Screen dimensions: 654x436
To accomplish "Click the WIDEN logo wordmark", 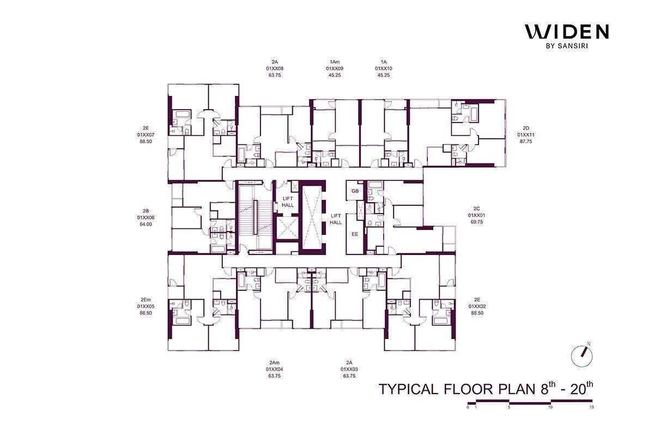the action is click(567, 32).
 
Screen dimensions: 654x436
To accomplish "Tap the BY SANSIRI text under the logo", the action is click(567, 46).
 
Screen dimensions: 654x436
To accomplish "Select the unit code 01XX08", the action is click(275, 69).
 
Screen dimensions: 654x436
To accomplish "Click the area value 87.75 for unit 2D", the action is click(526, 141).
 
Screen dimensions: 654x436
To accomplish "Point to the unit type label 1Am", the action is click(335, 62).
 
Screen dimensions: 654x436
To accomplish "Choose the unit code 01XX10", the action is click(384, 69).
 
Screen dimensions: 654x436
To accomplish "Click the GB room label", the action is click(355, 191).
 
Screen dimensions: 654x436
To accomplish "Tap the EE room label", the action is click(355, 234).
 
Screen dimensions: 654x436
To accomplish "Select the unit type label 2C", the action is click(476, 209).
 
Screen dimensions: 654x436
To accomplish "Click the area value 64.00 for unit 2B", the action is click(146, 225).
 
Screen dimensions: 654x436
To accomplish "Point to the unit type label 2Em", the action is click(146, 300).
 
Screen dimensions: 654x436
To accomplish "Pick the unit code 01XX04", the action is click(275, 369).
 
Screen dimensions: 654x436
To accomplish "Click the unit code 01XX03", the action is click(349, 369).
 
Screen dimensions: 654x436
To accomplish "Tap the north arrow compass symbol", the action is click(582, 356).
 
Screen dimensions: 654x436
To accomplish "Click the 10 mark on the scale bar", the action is click(550, 407).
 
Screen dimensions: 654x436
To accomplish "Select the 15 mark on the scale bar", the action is click(591, 407).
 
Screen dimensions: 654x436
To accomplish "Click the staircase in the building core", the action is click(255, 217).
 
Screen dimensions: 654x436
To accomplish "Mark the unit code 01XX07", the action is click(146, 135).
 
